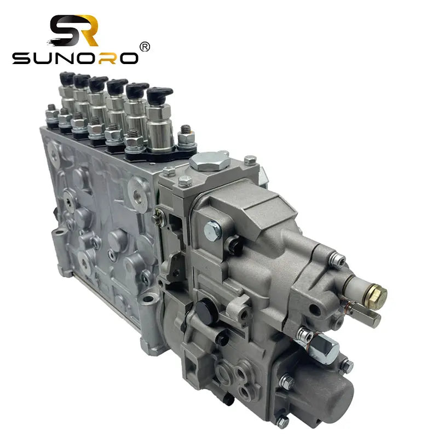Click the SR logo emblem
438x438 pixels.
pos(74,31)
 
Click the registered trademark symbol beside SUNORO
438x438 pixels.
pos(145,47)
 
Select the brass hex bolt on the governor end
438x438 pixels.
pos(377,296)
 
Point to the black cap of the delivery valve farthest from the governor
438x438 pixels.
pos(66,78)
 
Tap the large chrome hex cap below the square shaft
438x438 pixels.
pos(328,347)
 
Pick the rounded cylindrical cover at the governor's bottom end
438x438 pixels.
pos(323,389)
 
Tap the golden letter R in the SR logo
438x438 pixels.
pos(88,30)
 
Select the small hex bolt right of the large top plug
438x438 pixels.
pos(250,160)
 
